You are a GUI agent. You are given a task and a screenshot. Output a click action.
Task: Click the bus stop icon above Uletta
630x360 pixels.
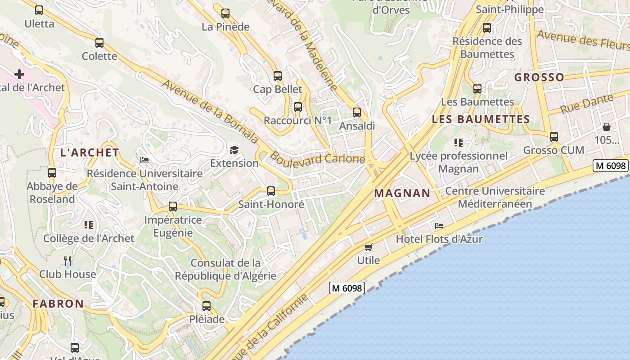pyautogui.click(x=39, y=10)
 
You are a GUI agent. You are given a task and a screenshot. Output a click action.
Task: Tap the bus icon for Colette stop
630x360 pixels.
pyautogui.click(x=99, y=43)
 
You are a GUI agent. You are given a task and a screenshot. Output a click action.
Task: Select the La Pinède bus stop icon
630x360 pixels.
pyautogui.click(x=225, y=13)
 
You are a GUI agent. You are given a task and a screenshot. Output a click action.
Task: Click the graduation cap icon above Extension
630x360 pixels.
pyautogui.click(x=234, y=150)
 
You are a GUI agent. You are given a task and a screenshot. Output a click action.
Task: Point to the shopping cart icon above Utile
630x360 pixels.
pyautogui.click(x=369, y=247)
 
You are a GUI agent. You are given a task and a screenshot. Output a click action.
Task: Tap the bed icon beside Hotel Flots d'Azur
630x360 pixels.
pyautogui.click(x=439, y=226)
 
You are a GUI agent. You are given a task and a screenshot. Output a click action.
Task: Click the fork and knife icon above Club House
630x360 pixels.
pyautogui.click(x=67, y=261)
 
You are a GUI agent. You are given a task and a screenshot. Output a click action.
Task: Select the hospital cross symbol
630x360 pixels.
pyautogui.click(x=19, y=74)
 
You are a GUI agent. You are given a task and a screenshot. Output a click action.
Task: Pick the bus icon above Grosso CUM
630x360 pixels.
pyautogui.click(x=554, y=136)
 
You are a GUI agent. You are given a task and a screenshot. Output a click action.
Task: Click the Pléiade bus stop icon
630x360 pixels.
pyautogui.click(x=207, y=306)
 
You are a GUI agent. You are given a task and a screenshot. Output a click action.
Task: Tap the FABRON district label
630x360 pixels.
pyautogui.click(x=58, y=304)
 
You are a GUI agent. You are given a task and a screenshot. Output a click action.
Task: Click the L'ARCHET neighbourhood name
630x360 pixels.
pyautogui.click(x=90, y=153)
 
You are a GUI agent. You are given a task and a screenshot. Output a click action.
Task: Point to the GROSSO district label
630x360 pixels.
pyautogui.click(x=539, y=77)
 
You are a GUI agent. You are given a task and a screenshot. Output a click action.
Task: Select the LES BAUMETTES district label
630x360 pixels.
pyautogui.click(x=481, y=119)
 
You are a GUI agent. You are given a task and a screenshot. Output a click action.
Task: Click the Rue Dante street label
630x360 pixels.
pyautogui.click(x=587, y=103)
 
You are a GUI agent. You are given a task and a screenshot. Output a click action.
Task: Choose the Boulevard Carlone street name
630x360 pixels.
pyautogui.click(x=317, y=159)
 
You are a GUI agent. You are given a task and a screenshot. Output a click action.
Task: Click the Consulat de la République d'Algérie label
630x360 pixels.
pyautogui.click(x=225, y=269)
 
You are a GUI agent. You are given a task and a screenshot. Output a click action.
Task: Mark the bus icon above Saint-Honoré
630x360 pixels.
pyautogui.click(x=271, y=191)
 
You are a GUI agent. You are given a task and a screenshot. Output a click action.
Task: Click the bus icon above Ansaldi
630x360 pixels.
pyautogui.click(x=357, y=112)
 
